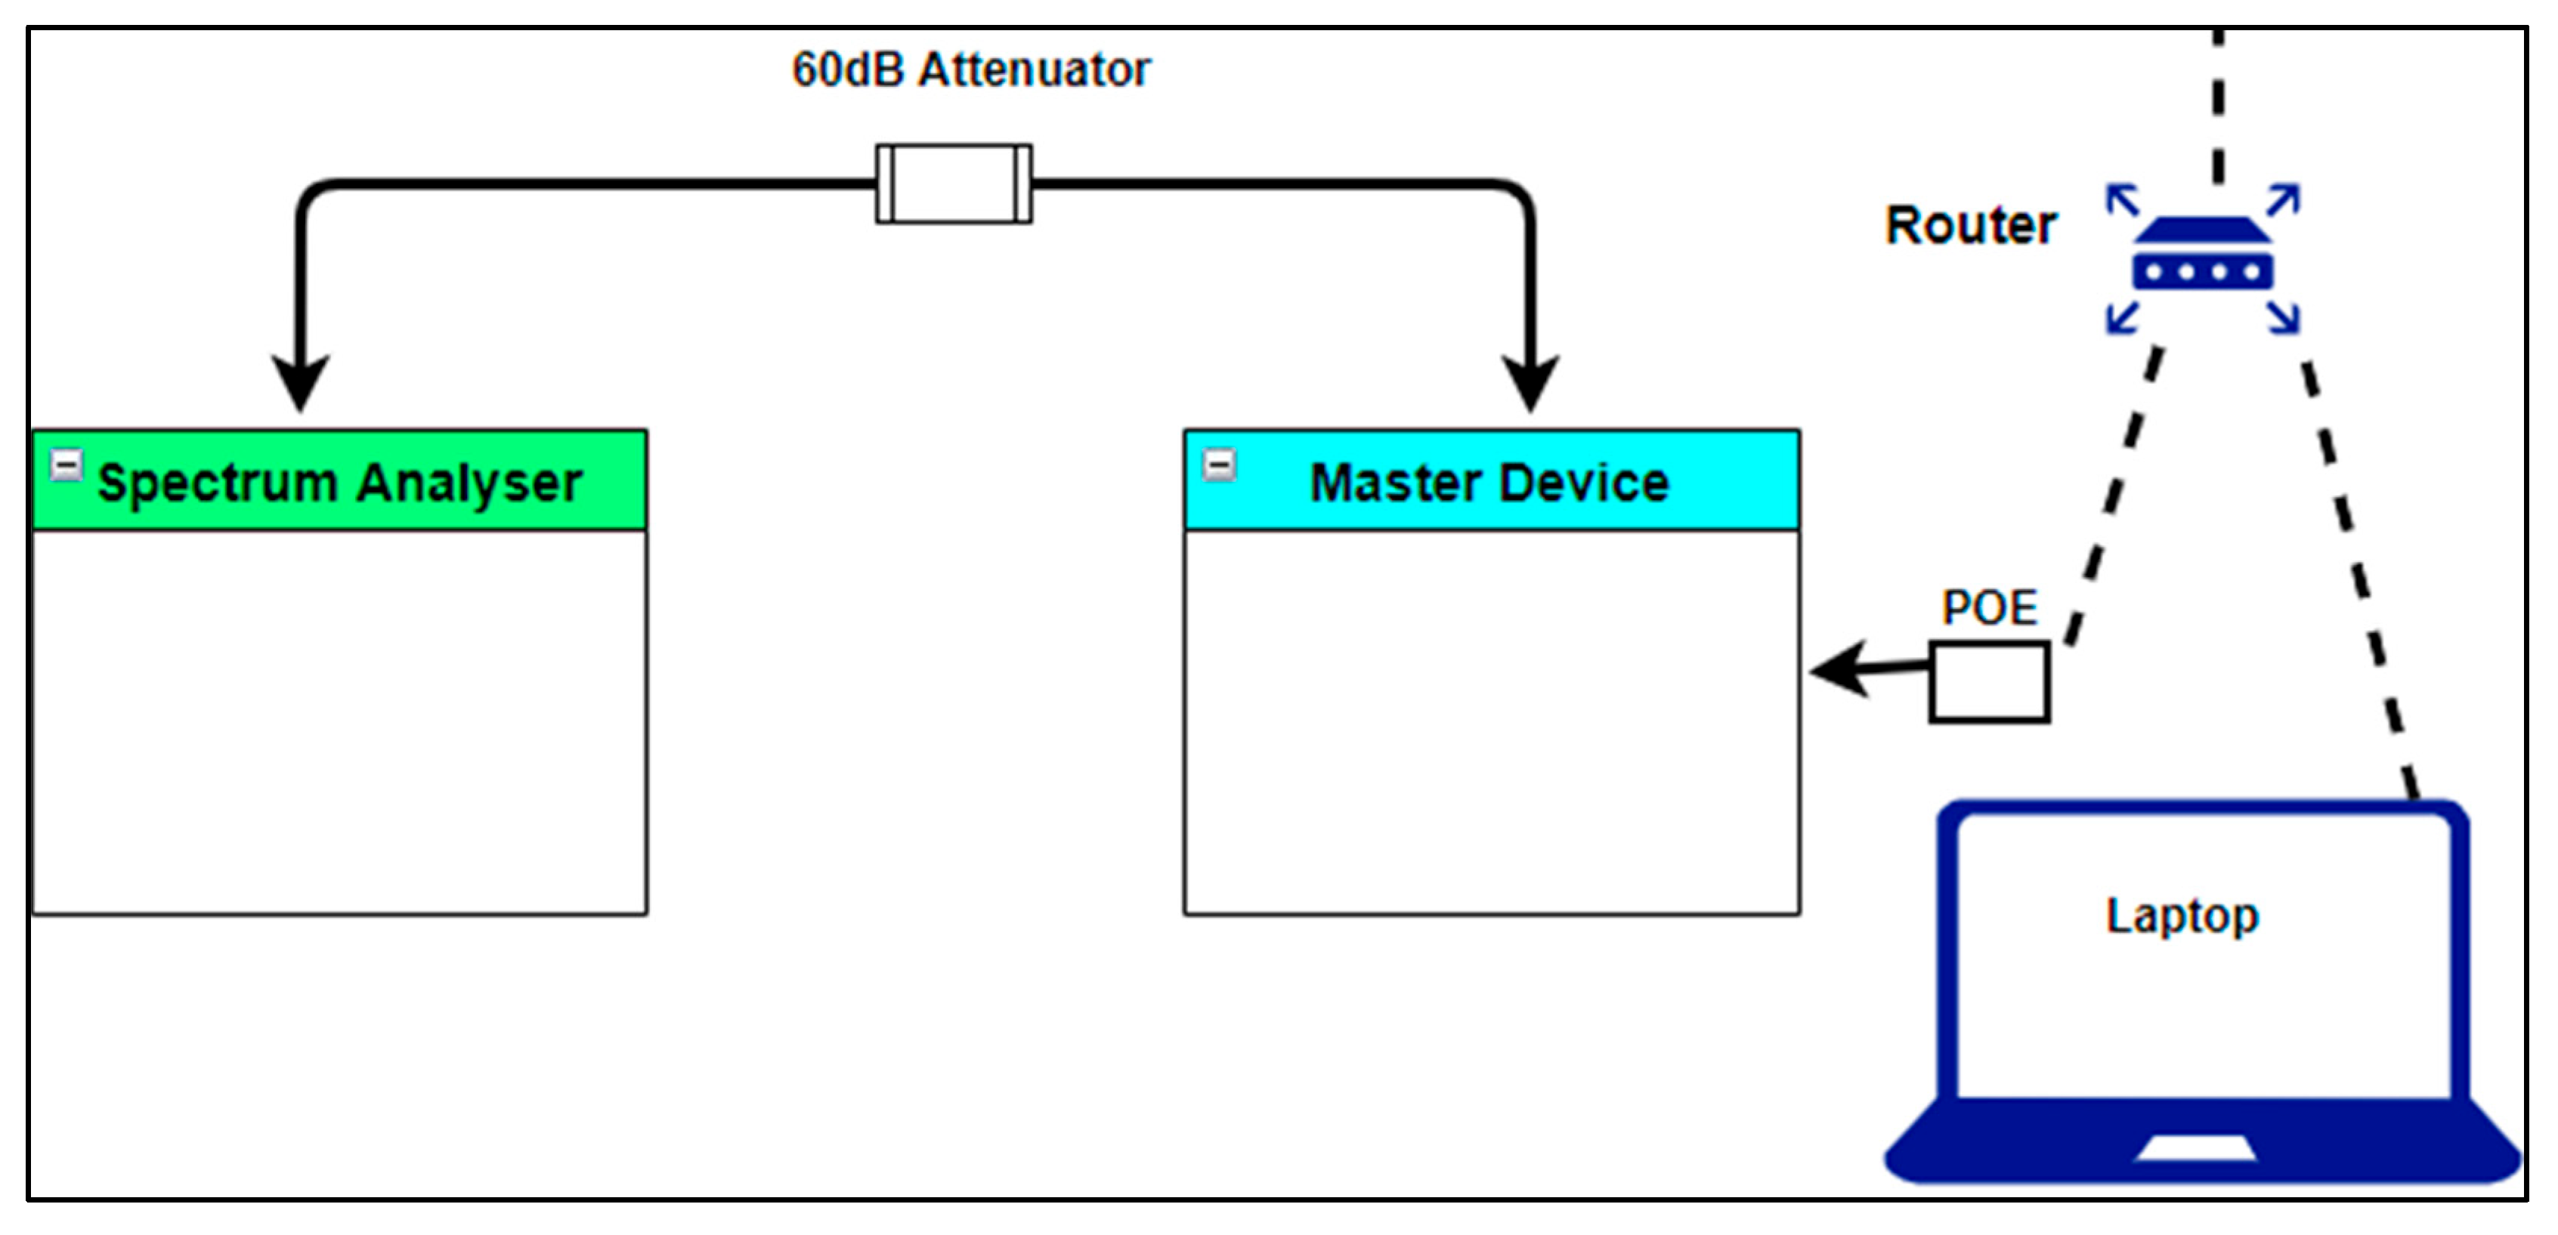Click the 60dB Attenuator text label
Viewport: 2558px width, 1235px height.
click(970, 69)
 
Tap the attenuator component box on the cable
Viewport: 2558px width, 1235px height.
click(953, 184)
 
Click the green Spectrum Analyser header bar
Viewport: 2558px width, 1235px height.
click(339, 480)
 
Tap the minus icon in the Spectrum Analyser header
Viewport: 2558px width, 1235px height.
click(67, 464)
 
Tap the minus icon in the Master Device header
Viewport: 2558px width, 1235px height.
click(1220, 464)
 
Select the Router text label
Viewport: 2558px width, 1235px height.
click(1970, 225)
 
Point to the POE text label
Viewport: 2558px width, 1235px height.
click(1989, 607)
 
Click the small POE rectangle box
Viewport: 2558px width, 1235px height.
click(1989, 682)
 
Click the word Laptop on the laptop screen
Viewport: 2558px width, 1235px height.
click(2182, 915)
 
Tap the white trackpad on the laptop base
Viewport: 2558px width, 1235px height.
click(2195, 1149)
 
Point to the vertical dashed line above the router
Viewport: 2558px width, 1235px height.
click(2217, 110)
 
